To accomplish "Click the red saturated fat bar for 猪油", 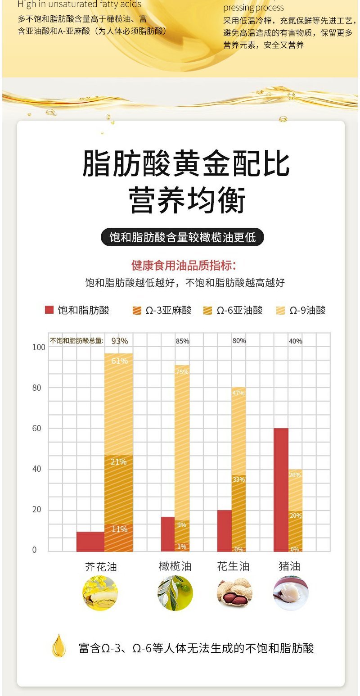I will click(x=281, y=490).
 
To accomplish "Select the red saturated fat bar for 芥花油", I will click(x=90, y=542).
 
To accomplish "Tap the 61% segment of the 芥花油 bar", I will click(x=119, y=404).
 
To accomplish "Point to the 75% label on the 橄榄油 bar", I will click(x=182, y=372).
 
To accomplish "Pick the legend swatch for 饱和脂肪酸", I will click(x=49, y=310).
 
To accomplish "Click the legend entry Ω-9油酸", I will click(x=301, y=310).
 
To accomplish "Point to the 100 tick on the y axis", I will click(x=39, y=347).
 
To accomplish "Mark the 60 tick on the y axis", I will click(x=39, y=429).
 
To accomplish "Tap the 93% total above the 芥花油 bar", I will click(x=120, y=341).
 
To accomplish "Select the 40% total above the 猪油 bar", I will click(x=296, y=341).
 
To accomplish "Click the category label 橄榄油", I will click(x=175, y=566).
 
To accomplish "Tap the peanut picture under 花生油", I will click(x=234, y=593).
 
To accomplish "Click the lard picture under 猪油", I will click(x=291, y=593).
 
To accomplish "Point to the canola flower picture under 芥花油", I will click(x=100, y=593).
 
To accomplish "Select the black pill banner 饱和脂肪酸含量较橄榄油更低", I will click(x=182, y=237).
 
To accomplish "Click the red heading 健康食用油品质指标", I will click(x=183, y=265).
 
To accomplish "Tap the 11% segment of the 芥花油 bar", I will click(x=119, y=538).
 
